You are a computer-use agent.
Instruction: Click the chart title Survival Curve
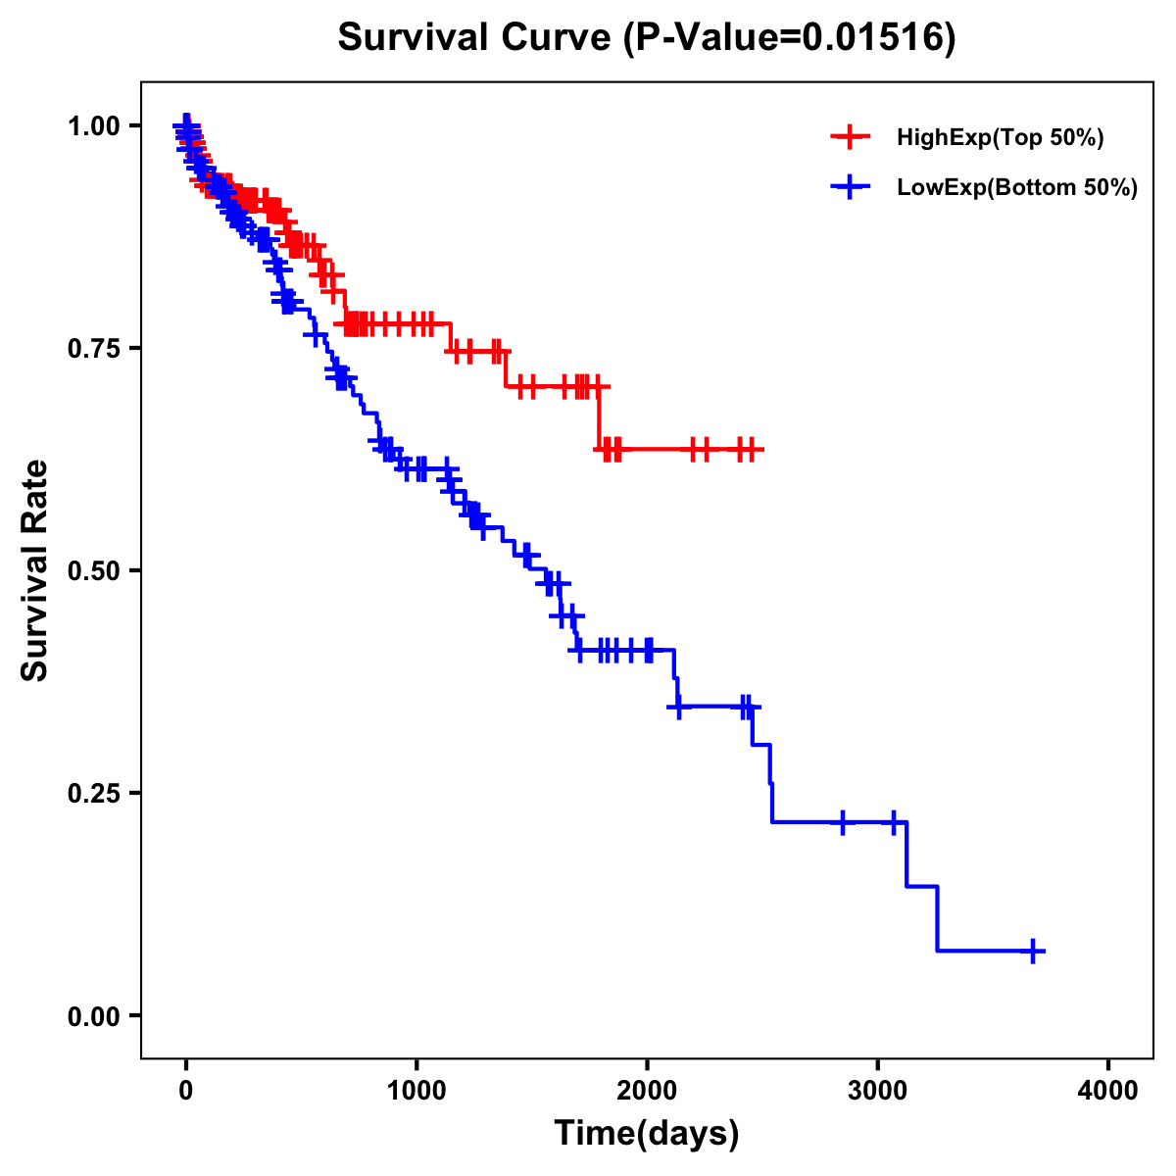(476, 37)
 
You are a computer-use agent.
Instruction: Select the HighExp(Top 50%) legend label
(1000, 138)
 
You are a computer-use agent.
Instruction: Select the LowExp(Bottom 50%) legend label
(1017, 188)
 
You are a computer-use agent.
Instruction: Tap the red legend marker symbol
(851, 137)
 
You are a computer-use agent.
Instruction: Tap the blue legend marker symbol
(851, 187)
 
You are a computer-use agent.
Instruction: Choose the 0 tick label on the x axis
(185, 1091)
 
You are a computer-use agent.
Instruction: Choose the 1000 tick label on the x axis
(416, 1091)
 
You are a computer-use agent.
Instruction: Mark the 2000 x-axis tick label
(647, 1091)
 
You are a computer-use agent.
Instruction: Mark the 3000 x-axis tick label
(877, 1091)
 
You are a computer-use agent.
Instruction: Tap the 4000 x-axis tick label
(1108, 1091)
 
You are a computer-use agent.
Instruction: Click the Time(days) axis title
(647, 1134)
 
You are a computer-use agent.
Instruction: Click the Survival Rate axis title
(35, 570)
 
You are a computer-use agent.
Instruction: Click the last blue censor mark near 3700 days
(1034, 951)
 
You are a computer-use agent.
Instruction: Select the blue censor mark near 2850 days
(842, 821)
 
